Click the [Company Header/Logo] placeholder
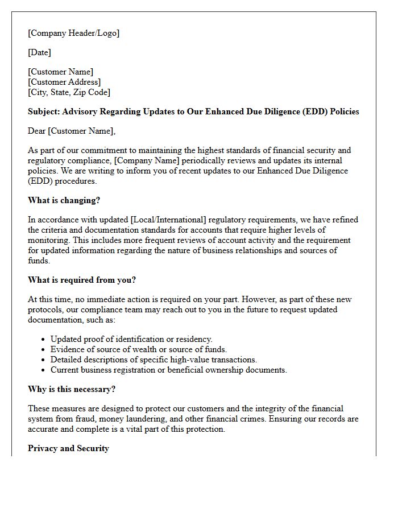coord(74,33)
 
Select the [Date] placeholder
coord(40,52)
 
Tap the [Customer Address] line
coord(64,82)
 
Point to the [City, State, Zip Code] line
coord(69,92)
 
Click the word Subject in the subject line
coord(43,112)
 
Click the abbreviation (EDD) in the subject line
coord(317,112)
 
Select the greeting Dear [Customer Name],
coord(72,131)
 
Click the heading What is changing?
coord(64,200)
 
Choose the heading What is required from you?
coord(82,279)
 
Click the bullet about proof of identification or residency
coord(131,339)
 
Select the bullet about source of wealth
coord(139,349)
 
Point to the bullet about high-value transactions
coord(154,360)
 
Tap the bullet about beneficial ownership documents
coord(168,370)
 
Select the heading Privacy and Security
coord(68,448)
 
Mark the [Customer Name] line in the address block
coord(61,72)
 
